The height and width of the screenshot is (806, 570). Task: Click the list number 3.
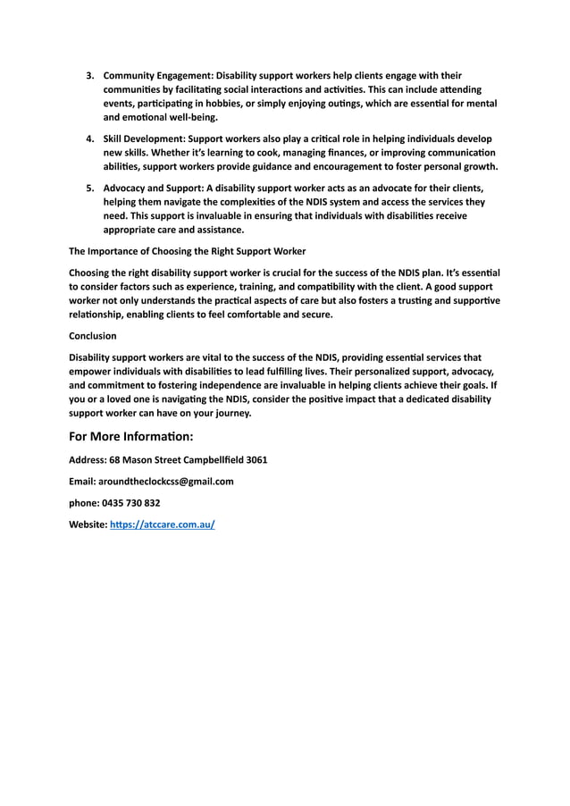[x=89, y=75]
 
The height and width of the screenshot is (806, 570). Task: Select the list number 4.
[x=89, y=139]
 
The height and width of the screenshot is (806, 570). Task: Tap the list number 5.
[x=89, y=188]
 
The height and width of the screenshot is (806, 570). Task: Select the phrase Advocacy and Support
[x=153, y=188]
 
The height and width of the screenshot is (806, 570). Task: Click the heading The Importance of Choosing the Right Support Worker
[x=187, y=251]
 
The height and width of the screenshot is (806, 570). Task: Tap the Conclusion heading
[x=93, y=336]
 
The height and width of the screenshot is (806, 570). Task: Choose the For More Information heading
[x=130, y=437]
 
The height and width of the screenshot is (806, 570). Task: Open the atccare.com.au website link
[x=162, y=525]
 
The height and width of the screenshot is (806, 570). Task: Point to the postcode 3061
[x=256, y=460]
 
